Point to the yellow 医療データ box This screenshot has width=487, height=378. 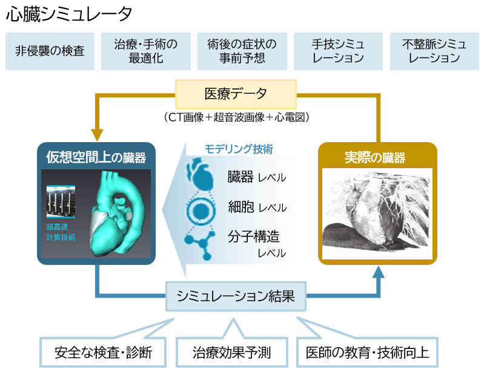tap(236, 94)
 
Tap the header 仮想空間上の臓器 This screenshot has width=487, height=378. tap(96, 158)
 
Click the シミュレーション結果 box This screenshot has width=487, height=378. tap(236, 296)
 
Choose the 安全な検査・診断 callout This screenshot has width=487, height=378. tap(102, 353)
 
